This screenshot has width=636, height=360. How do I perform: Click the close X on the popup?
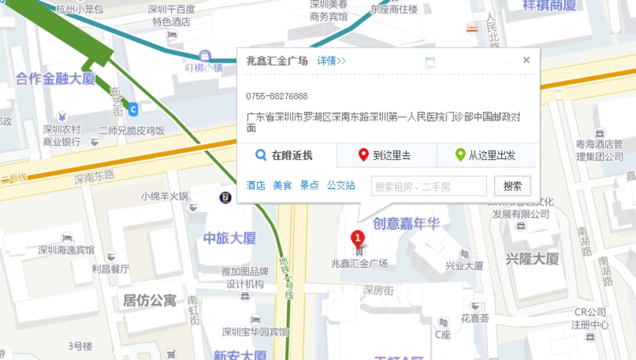click(x=526, y=60)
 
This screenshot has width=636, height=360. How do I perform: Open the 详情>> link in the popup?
click(x=331, y=61)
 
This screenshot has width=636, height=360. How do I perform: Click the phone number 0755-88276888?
click(x=277, y=96)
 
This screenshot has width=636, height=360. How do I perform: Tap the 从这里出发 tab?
click(x=487, y=155)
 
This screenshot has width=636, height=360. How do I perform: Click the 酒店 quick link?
click(x=256, y=186)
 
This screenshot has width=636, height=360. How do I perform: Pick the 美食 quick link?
click(x=282, y=186)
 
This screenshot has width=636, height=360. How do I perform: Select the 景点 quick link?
click(x=309, y=186)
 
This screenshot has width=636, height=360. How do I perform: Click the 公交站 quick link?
click(x=341, y=186)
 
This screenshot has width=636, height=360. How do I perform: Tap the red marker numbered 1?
click(x=358, y=239)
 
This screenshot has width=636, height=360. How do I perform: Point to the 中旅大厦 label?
click(x=230, y=239)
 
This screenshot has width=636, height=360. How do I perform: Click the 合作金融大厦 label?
click(x=55, y=79)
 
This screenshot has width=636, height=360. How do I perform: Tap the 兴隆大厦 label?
click(x=532, y=259)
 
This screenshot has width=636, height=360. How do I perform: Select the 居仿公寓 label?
click(x=149, y=300)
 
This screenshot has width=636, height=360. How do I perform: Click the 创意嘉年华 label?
click(x=406, y=223)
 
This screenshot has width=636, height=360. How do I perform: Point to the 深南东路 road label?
click(x=94, y=176)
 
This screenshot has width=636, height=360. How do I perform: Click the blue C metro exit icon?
click(x=133, y=110)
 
